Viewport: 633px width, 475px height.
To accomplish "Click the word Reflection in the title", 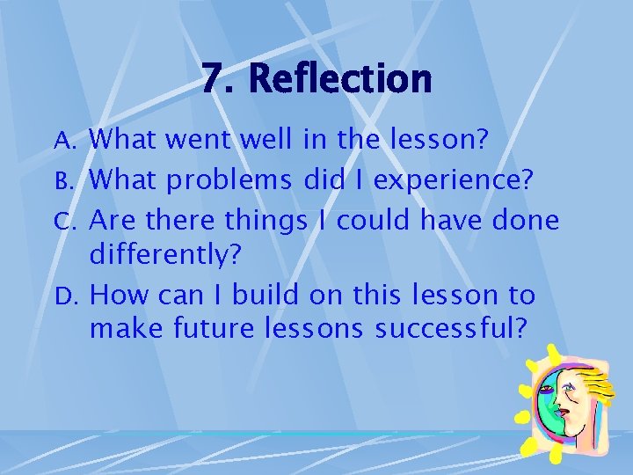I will (340, 80).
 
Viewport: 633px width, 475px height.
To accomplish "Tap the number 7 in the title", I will (212, 80).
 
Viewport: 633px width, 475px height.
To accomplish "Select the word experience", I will (449, 180).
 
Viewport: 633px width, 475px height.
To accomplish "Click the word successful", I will (451, 330).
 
